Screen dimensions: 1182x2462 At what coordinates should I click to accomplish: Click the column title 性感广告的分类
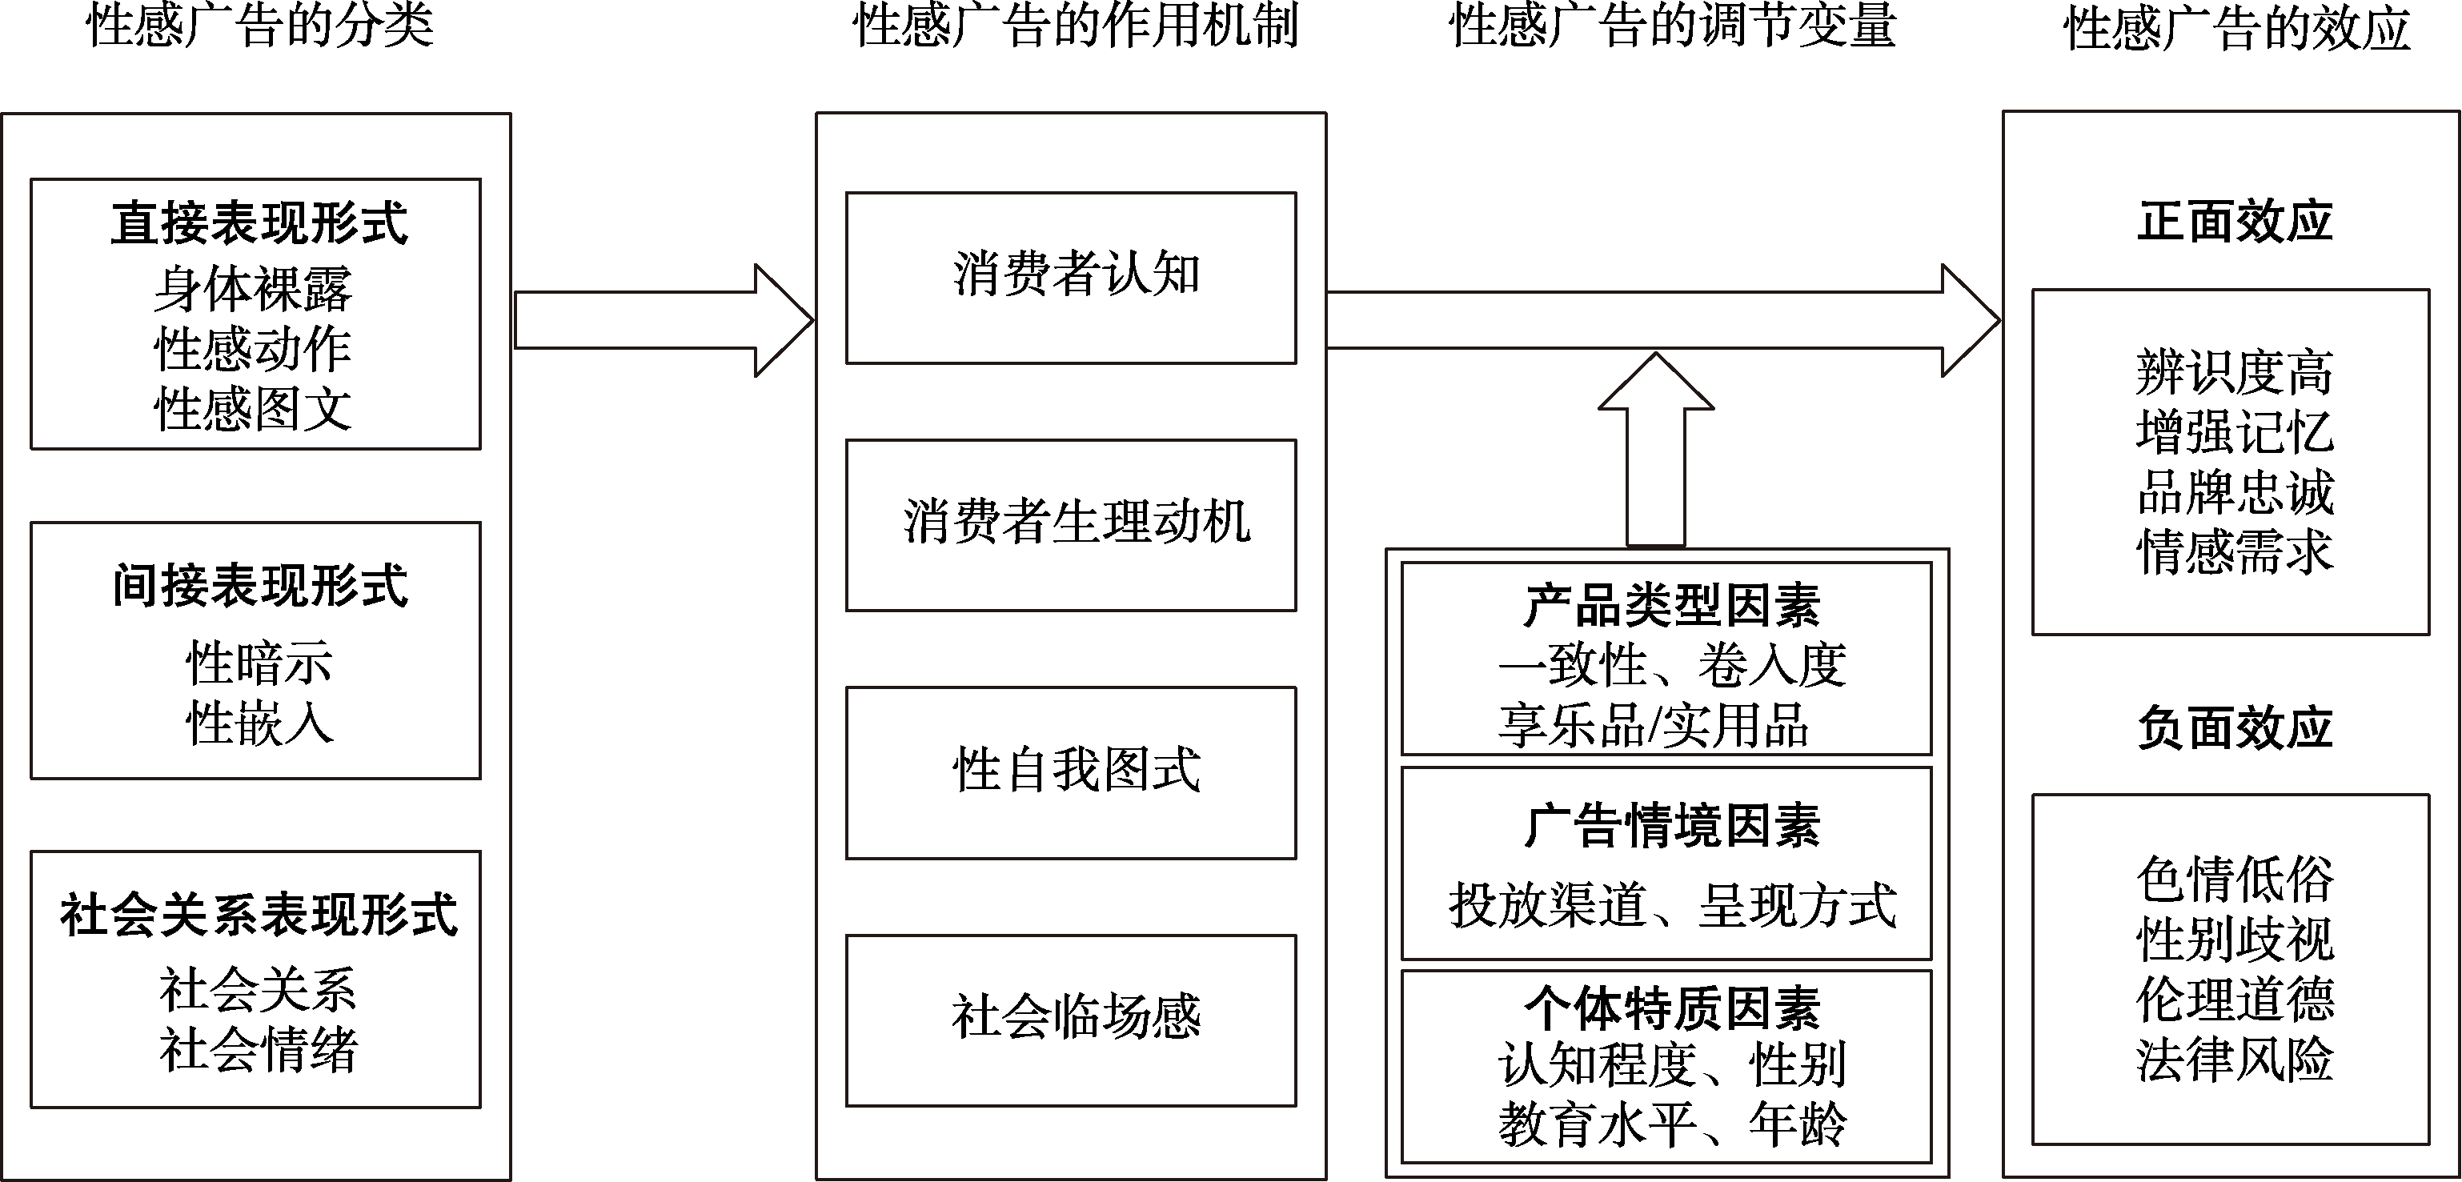point(260,26)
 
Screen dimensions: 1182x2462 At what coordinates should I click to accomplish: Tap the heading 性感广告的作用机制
point(1075,26)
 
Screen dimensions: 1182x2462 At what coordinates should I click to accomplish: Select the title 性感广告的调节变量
point(1673,26)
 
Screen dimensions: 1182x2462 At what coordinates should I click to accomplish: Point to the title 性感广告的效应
point(2236,28)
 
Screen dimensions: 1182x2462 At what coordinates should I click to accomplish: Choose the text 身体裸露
point(253,289)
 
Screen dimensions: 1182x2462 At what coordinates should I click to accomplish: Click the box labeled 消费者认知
point(1070,278)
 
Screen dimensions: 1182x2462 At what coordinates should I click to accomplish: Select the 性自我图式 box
point(1070,772)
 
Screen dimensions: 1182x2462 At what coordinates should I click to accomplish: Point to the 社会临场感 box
point(1070,1020)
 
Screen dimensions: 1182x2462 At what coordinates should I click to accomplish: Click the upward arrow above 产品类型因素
point(1655,449)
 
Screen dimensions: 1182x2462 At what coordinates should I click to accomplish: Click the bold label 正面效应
point(2235,222)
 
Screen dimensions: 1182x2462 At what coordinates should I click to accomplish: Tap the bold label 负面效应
point(2235,728)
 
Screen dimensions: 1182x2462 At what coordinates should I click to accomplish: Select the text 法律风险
point(2235,1060)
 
